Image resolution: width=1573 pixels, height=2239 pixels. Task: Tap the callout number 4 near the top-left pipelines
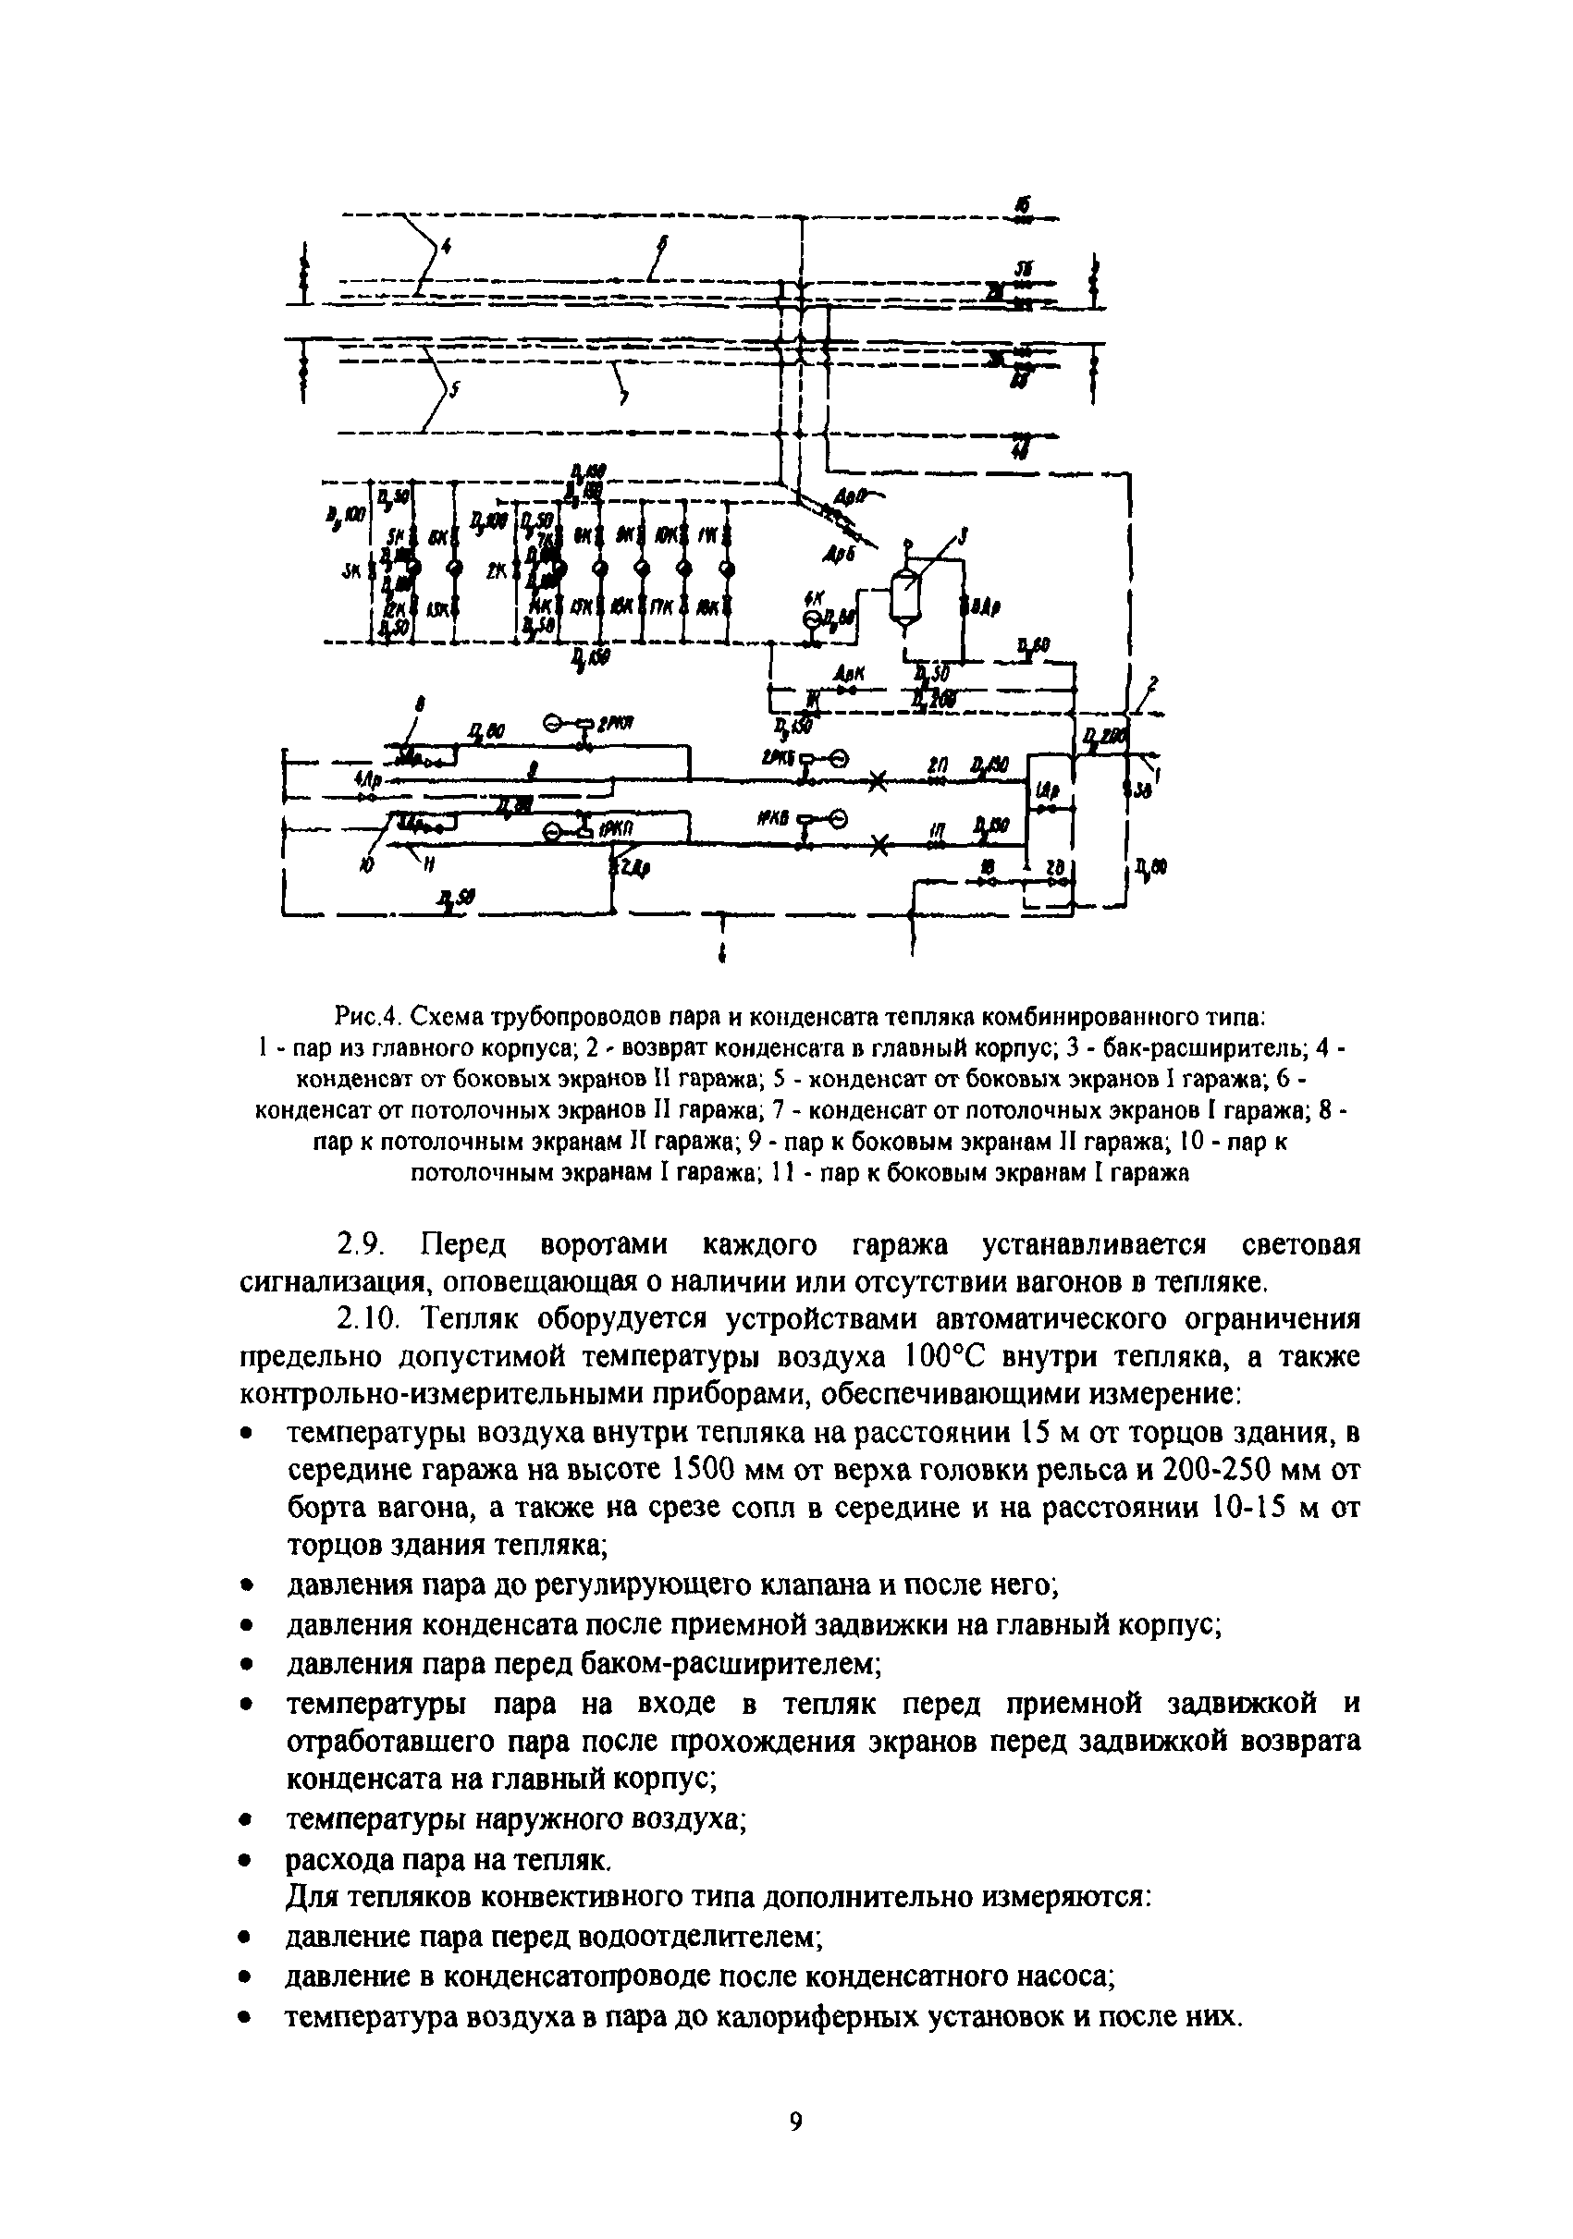tap(446, 248)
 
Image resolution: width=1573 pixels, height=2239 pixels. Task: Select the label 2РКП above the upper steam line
tap(613, 723)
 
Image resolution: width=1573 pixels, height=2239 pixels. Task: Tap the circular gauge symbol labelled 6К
tap(812, 618)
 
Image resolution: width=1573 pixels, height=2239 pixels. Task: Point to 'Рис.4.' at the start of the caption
tap(368, 1019)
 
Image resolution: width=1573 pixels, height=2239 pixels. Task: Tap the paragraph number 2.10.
tap(363, 1319)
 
